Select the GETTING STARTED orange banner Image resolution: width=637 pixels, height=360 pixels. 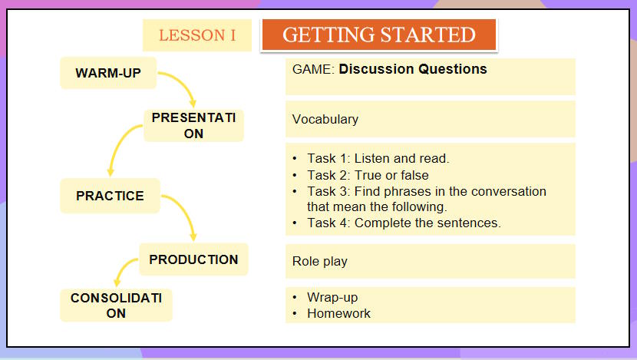coord(379,35)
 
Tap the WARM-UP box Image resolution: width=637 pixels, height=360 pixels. coord(108,73)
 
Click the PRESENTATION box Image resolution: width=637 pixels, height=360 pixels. coord(193,125)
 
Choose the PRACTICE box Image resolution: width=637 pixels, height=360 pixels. coord(110,196)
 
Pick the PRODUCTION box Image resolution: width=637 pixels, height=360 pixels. coord(193,259)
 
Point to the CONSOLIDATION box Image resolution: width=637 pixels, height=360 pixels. coord(116,306)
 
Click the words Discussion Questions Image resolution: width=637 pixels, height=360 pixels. coord(413,69)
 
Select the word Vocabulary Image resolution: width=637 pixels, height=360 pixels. coord(325,120)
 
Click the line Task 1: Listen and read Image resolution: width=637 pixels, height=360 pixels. coord(378,159)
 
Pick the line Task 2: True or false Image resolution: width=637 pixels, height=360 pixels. coord(368,175)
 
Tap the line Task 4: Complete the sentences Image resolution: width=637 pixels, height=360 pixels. coord(404,223)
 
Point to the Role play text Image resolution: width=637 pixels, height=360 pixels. coord(320,261)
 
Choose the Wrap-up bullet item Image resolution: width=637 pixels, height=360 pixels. coord(332,297)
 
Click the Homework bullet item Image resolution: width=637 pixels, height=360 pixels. coord(338,313)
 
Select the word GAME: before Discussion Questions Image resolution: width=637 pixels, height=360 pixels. coord(313,69)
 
